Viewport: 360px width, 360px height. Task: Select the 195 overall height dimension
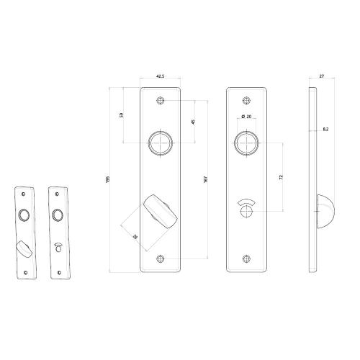(x=108, y=181)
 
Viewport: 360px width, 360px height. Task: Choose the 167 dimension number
(x=207, y=180)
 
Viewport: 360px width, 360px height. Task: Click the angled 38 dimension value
(x=135, y=234)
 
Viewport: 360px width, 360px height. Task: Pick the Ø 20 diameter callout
(x=246, y=117)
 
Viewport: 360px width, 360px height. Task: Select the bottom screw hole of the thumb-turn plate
(x=159, y=260)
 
